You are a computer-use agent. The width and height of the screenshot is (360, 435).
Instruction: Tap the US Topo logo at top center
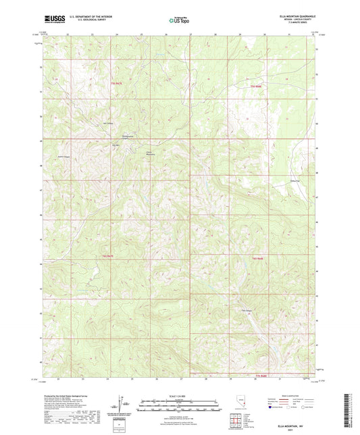pyautogui.click(x=179, y=21)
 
